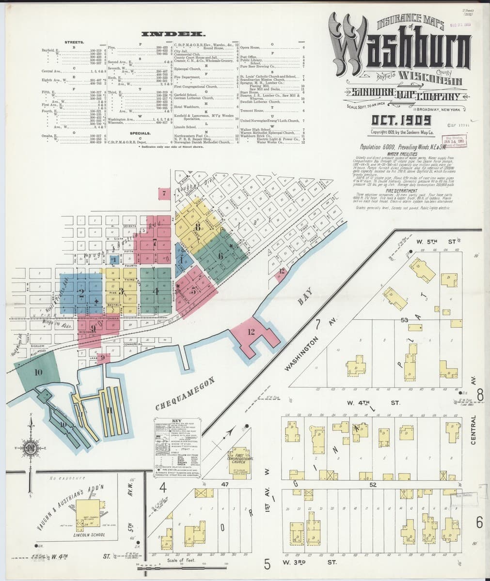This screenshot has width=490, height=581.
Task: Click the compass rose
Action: point(31,445)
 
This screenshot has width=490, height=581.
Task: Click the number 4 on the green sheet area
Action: point(156,291)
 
